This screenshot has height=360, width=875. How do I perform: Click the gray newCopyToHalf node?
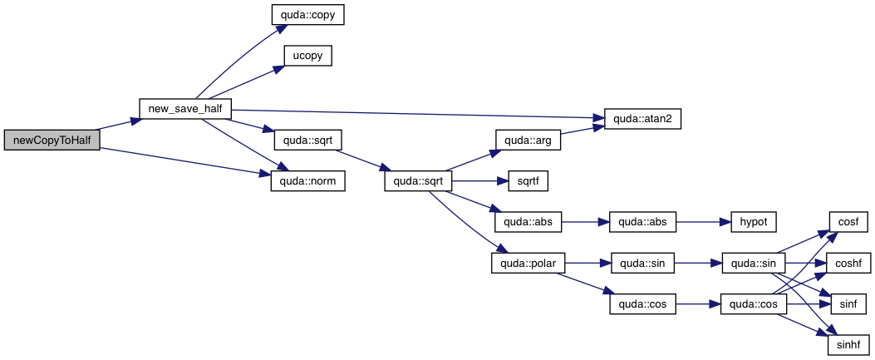pyautogui.click(x=52, y=141)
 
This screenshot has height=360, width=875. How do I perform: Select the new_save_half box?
pyautogui.click(x=184, y=109)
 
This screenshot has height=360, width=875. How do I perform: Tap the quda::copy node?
pyautogui.click(x=308, y=15)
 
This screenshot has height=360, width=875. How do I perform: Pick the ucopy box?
pyautogui.click(x=308, y=57)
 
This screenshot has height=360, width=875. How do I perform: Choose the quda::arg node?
pyautogui.click(x=528, y=140)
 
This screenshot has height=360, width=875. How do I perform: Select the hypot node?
pyautogui.click(x=753, y=223)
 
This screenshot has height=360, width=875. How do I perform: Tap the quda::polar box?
pyautogui.click(x=528, y=264)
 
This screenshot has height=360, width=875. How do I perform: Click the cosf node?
pyautogui.click(x=849, y=223)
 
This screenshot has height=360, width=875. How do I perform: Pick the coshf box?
pyautogui.click(x=849, y=264)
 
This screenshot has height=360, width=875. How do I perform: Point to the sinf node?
pyautogui.click(x=849, y=305)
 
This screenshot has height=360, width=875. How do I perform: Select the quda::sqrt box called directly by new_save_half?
pyautogui.click(x=308, y=140)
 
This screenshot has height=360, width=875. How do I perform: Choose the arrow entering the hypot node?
pyautogui.click(x=703, y=223)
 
